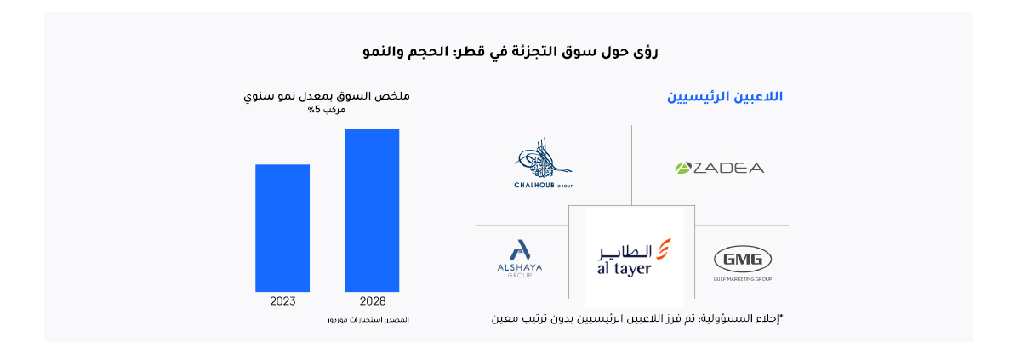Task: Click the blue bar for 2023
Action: coord(282,228)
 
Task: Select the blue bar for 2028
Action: coord(372,210)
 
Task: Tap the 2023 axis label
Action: coord(282,301)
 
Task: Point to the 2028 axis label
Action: coord(373,301)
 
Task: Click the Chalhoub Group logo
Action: coord(544,163)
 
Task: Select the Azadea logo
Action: coord(719,169)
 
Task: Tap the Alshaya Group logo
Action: coord(520,259)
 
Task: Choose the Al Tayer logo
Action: coord(634,258)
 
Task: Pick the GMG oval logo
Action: coord(743,260)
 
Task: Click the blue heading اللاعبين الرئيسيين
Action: coord(725,97)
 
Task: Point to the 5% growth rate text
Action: coord(327,110)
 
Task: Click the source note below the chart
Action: coord(368,320)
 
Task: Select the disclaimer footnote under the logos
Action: coord(637,318)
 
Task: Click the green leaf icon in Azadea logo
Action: coord(682,169)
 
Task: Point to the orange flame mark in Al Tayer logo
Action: coord(663,249)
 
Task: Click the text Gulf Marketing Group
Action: coord(743,279)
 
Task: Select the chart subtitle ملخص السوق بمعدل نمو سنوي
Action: coord(327,96)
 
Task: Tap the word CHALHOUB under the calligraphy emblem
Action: coord(534,185)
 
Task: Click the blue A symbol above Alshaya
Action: coord(520,249)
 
